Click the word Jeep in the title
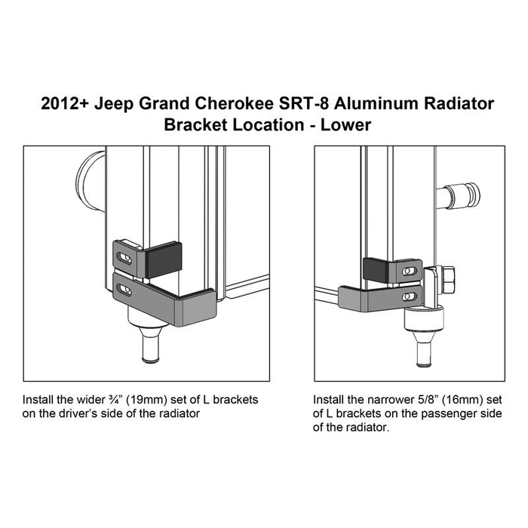pos(114,104)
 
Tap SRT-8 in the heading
pos(304,103)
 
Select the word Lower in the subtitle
pos(345,125)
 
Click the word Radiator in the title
pos(459,103)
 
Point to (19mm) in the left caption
pos(149,400)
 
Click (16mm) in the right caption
pos(460,400)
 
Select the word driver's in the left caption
pos(78,413)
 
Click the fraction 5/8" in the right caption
pos(428,400)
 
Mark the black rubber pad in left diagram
pos(164,259)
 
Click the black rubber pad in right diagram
pos(376,270)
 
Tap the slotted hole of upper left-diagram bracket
pos(124,258)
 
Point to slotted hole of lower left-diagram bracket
pos(124,290)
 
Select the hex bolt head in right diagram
pos(447,279)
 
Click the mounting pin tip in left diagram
pos(151,361)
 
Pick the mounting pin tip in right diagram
pos(424,364)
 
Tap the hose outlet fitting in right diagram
pos(459,196)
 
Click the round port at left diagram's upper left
pos(91,182)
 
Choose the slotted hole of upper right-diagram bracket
pos(409,271)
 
